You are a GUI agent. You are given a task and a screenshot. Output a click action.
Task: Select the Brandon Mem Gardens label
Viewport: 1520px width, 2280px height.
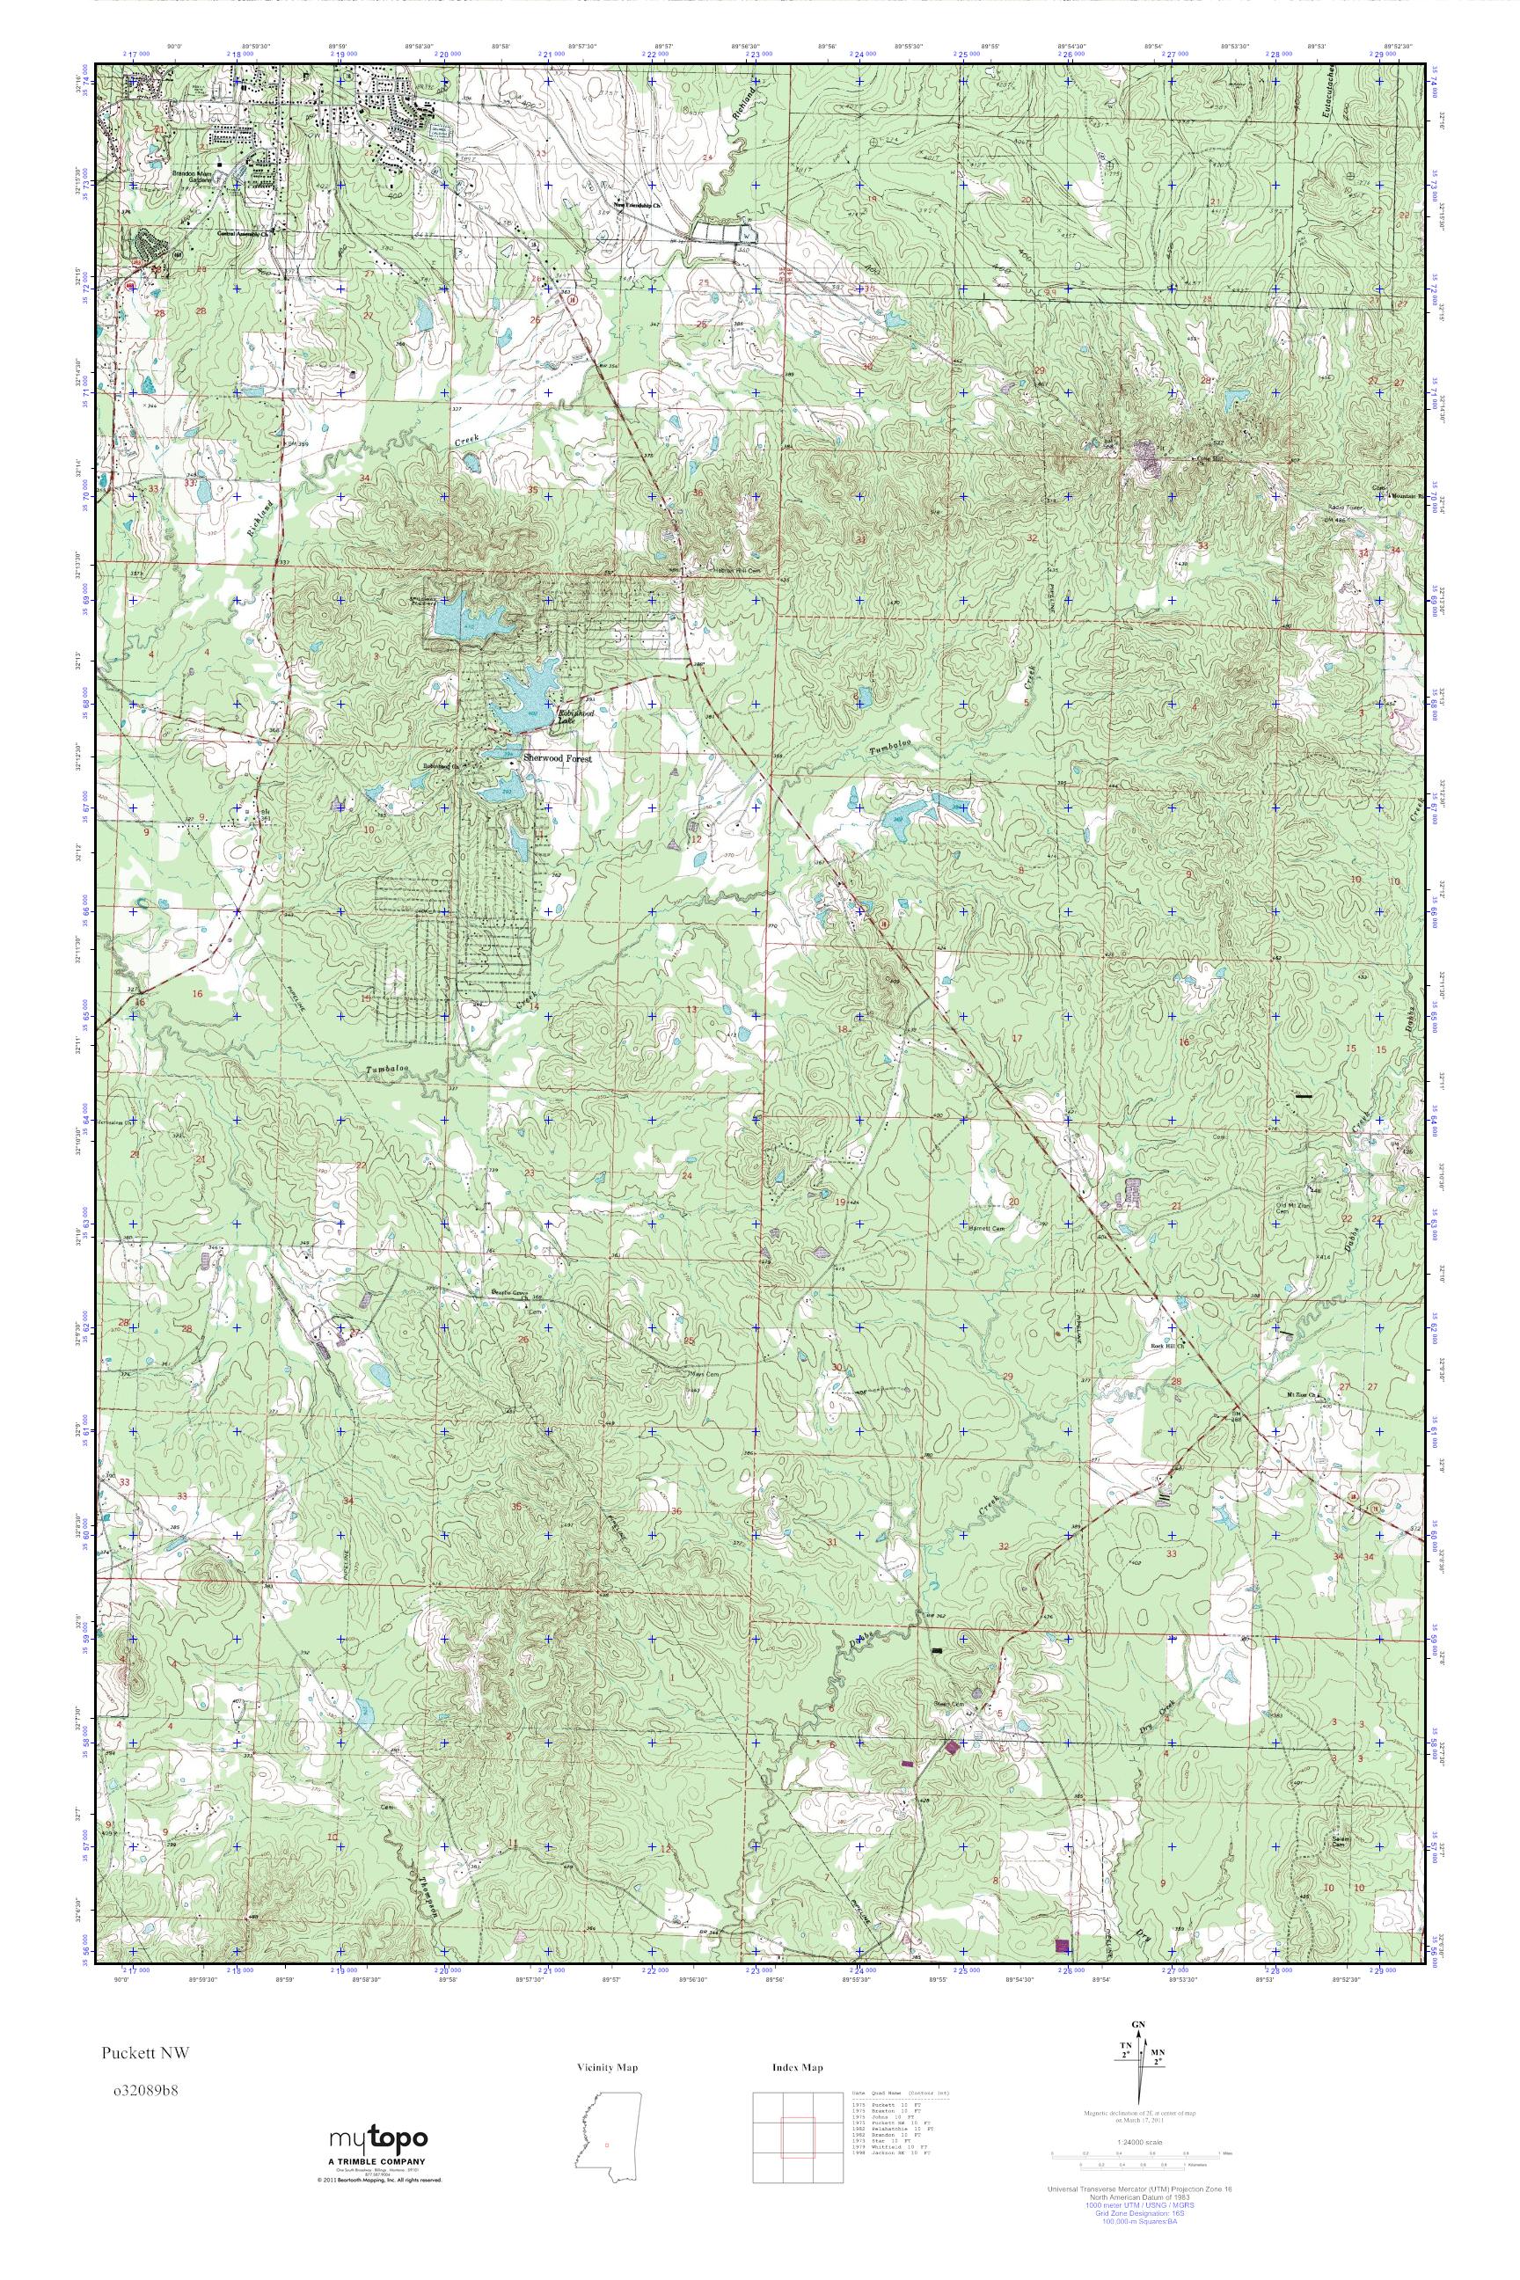(199, 178)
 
